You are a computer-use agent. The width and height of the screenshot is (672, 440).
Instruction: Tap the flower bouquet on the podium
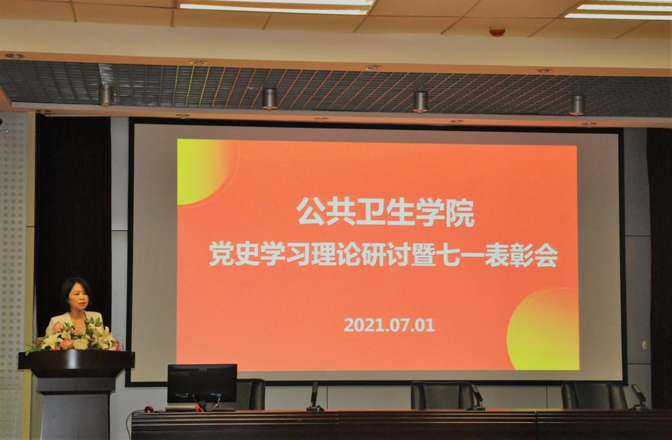(x=73, y=336)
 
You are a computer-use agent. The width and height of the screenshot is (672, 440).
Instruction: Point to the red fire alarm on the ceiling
(x=497, y=31)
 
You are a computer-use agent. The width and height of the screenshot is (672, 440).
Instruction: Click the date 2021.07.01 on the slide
(x=389, y=325)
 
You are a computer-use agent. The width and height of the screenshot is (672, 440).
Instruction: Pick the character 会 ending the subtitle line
(x=546, y=256)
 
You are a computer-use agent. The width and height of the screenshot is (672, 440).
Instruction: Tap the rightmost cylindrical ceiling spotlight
(x=577, y=105)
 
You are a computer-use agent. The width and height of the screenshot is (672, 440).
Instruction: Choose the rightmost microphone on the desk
(x=639, y=397)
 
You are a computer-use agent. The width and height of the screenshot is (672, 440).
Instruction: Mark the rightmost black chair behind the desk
(x=594, y=395)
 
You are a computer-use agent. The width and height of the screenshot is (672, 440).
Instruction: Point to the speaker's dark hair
(x=75, y=290)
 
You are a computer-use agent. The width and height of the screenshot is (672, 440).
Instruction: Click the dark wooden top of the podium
(x=76, y=360)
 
